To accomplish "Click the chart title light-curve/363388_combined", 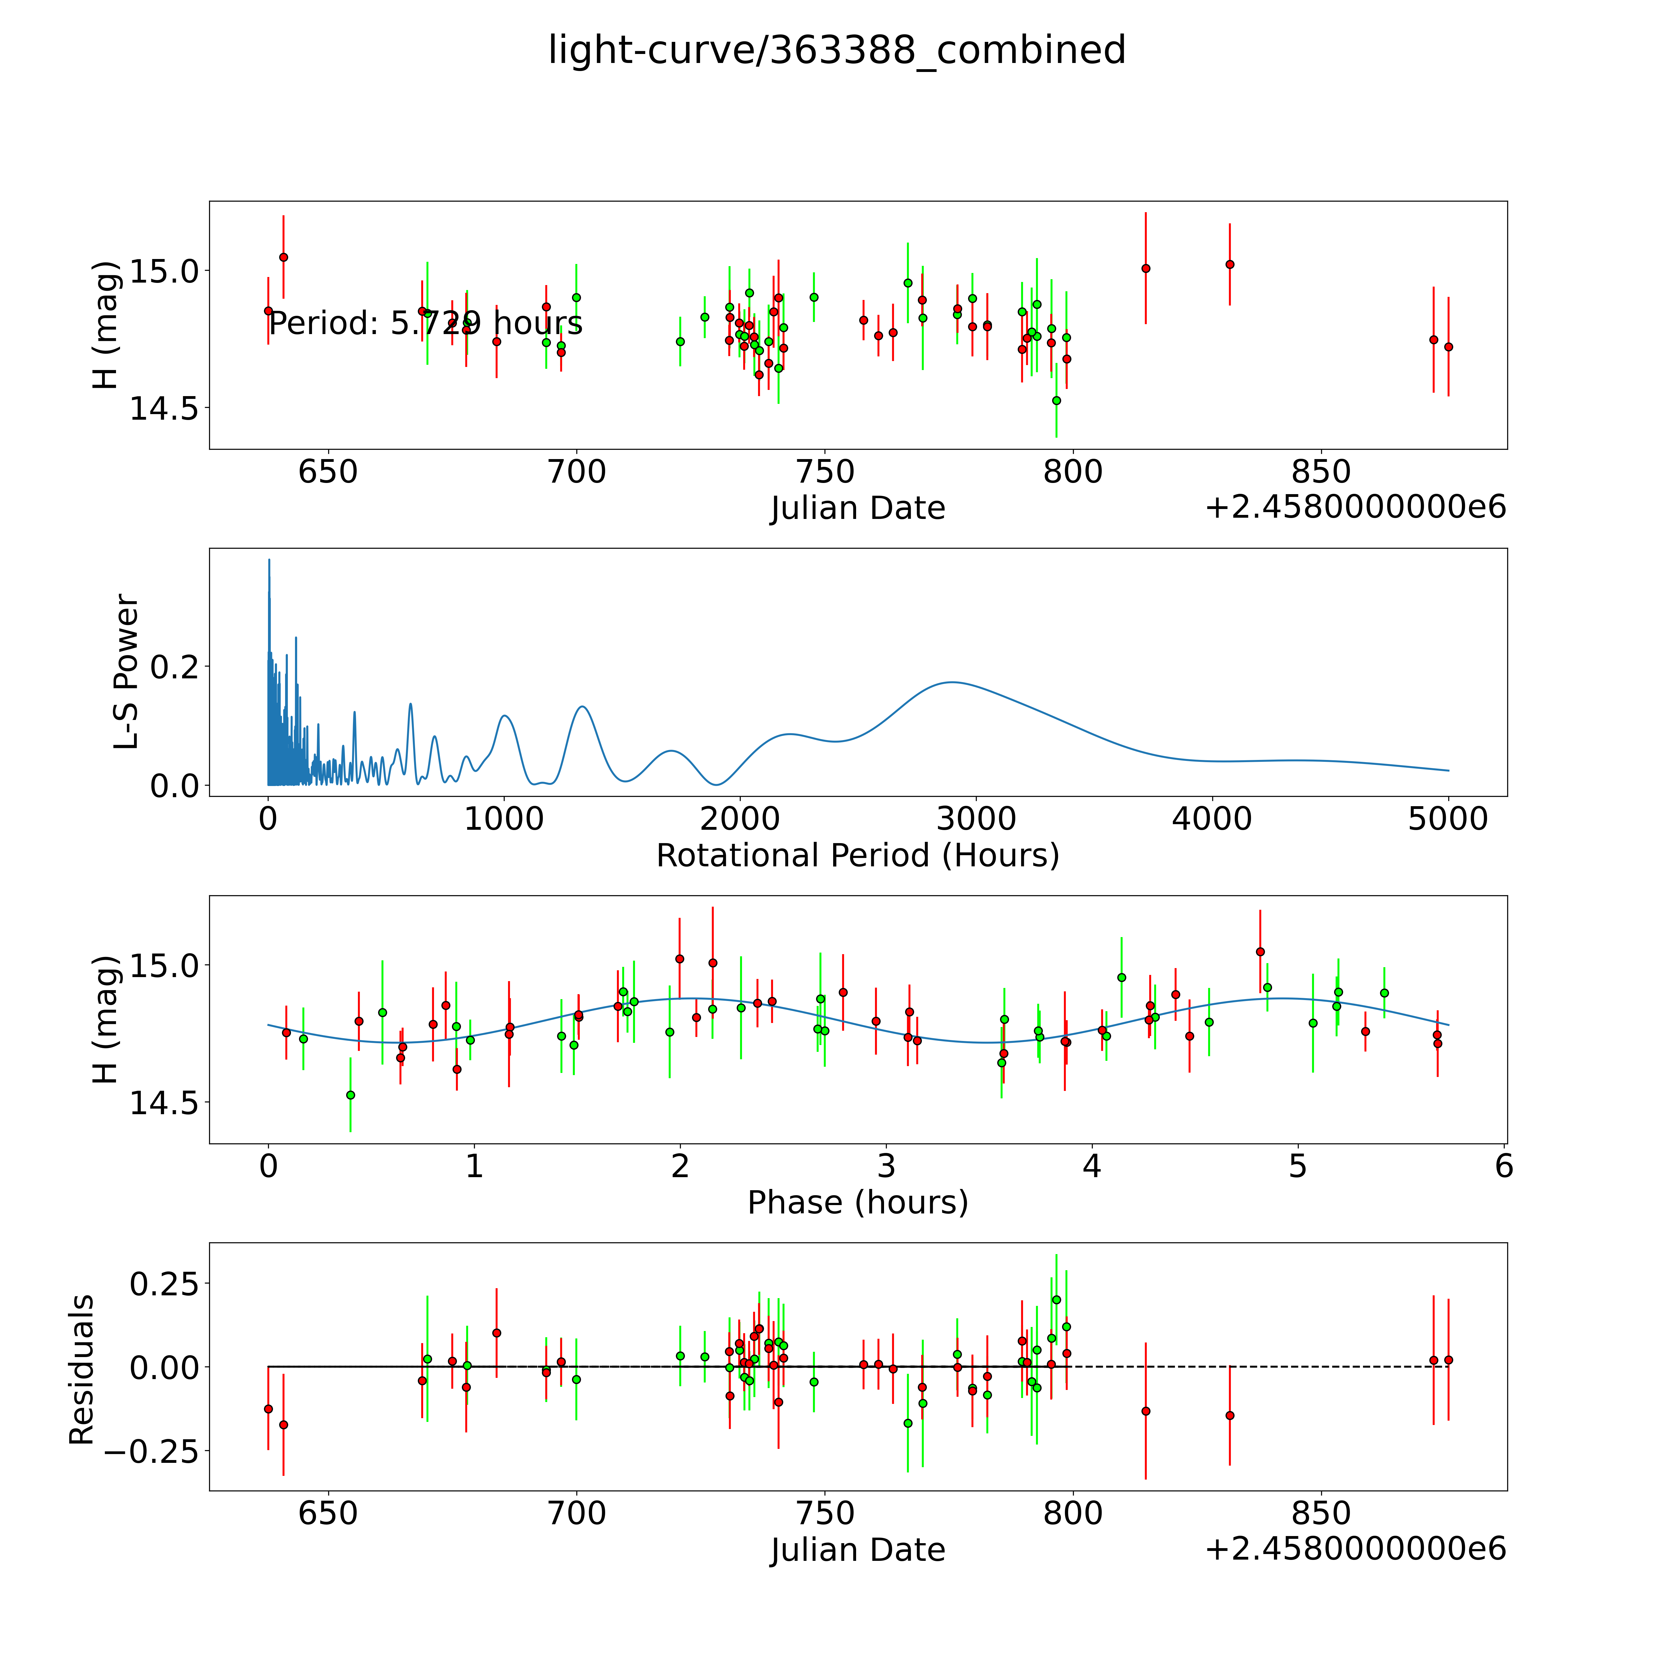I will (837, 50).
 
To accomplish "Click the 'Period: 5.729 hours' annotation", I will (425, 324).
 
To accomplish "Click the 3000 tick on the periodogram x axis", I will (976, 819).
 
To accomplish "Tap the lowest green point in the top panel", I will (1056, 400).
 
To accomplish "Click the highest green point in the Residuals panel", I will (1056, 1300).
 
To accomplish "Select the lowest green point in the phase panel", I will (350, 1095).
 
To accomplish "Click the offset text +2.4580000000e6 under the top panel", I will (1355, 507).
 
